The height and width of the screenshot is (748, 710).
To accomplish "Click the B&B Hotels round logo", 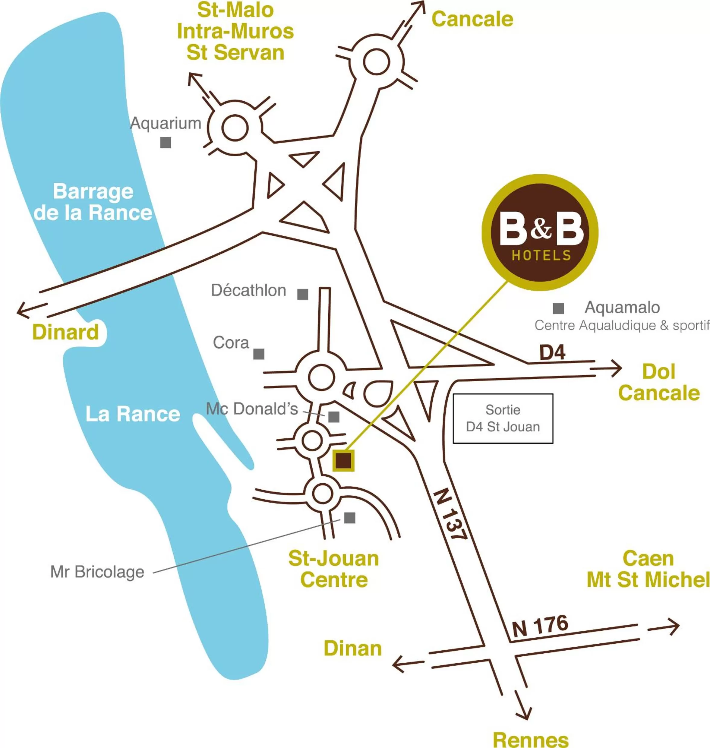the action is [540, 232].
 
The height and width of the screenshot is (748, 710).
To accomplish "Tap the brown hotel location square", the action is [343, 461].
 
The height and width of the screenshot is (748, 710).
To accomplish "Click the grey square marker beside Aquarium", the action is [166, 143].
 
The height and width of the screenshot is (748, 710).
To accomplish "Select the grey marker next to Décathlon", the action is [302, 294].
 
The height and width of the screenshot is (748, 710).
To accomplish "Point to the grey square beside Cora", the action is [258, 354].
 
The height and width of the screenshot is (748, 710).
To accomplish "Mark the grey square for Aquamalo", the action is [558, 308].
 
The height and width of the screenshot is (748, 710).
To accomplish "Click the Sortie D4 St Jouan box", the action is [503, 418].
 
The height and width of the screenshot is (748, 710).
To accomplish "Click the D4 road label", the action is [552, 352].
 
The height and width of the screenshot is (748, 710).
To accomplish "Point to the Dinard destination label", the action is [65, 332].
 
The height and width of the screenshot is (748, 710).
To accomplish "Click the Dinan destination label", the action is [353, 649].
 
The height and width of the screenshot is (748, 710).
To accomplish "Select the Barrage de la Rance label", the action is [93, 202].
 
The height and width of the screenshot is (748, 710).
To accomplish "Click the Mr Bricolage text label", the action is [97, 572].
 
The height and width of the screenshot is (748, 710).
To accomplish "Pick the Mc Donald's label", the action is [252, 409].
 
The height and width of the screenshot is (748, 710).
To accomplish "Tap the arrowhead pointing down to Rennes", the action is [524, 712].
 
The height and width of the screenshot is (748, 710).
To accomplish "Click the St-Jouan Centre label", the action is [334, 569].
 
